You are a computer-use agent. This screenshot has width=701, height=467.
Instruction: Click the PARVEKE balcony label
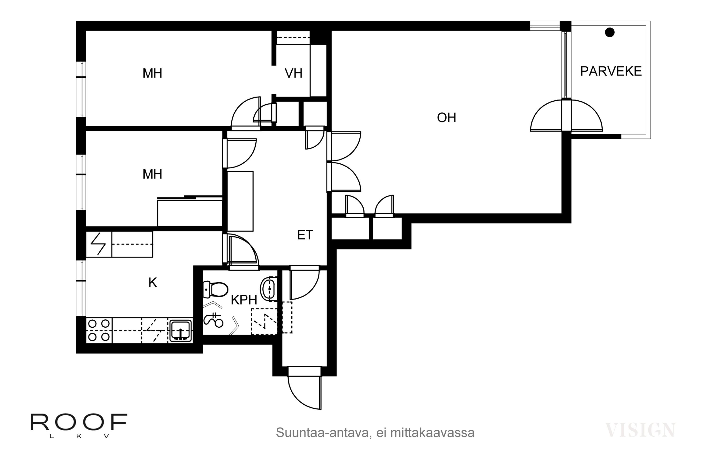tap(611, 71)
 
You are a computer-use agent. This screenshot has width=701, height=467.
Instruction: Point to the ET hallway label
tap(305, 235)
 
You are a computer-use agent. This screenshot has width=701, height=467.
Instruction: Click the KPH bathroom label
tap(243, 300)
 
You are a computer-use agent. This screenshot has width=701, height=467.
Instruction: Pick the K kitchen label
tap(153, 282)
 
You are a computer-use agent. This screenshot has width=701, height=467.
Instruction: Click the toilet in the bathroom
tap(215, 290)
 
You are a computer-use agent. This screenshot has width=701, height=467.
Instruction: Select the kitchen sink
tap(181, 331)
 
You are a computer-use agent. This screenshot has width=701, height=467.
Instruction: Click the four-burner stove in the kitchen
tap(99, 330)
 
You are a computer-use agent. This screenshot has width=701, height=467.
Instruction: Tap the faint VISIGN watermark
tap(640, 430)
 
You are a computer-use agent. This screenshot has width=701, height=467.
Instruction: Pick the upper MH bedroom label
tap(152, 73)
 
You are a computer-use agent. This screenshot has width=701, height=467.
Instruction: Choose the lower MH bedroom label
tap(152, 174)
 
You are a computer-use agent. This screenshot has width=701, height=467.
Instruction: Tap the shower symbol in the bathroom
tap(213, 320)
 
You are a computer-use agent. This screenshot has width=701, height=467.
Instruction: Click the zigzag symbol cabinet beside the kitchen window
tap(99, 244)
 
